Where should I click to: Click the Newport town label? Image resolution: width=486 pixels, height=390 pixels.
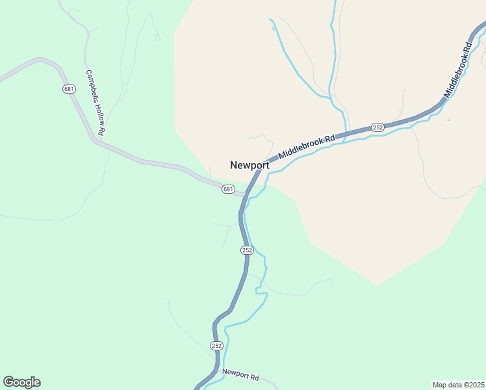pos(249,165)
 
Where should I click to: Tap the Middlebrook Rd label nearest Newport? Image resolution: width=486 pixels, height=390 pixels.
pos(306,148)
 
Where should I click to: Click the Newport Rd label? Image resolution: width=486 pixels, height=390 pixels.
pos(240,376)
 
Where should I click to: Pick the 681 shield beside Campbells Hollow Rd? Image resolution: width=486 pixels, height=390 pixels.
pos(70,88)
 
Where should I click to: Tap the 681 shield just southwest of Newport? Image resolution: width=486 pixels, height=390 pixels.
pos(227,189)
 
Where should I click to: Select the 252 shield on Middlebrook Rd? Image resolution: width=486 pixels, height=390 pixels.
pos(377,127)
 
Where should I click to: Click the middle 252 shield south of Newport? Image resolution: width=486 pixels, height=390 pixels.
pos(247,250)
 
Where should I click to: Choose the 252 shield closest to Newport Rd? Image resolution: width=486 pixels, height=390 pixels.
pos(216,345)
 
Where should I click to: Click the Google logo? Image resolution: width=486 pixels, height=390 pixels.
pos(21,382)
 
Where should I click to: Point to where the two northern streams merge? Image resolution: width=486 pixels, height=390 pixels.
pos(332,97)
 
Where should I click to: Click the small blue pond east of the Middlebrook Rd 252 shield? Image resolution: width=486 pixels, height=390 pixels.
pos(448,120)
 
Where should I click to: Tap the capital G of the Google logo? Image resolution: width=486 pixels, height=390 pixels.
pos(8,382)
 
